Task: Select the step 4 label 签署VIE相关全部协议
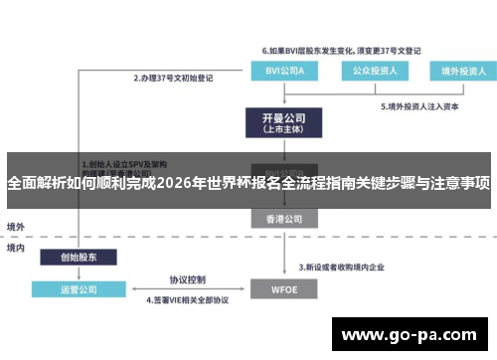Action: (x=188, y=298)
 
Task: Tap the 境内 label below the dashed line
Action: (x=16, y=249)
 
